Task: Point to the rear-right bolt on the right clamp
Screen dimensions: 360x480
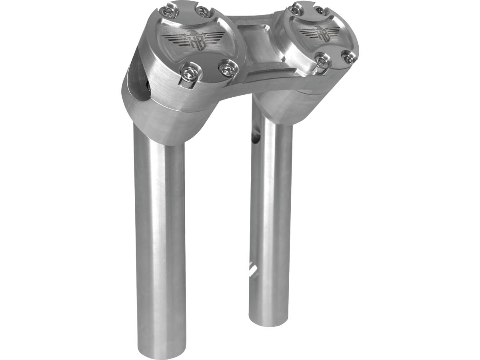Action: point(319,10)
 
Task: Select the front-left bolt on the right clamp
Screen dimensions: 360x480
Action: point(321,60)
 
